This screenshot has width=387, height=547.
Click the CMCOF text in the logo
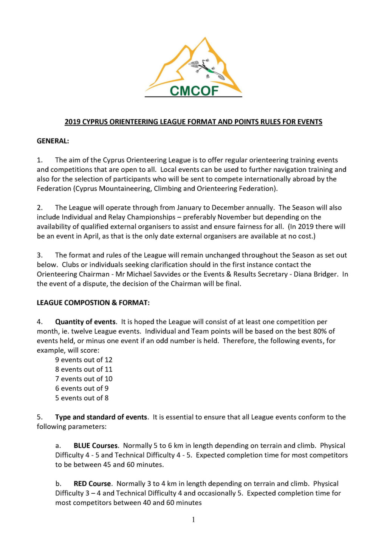(194, 91)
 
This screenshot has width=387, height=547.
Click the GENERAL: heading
(53, 141)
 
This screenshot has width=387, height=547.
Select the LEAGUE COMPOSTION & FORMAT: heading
(93, 303)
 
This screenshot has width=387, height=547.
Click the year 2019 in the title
(73, 122)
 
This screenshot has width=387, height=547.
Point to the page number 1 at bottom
(193, 520)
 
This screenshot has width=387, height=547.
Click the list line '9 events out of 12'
(84, 360)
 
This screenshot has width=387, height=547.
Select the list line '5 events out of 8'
(82, 398)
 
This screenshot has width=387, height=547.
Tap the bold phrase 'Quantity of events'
(85, 322)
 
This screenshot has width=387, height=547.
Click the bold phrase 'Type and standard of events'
(101, 417)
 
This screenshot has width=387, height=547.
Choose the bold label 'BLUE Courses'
(96, 446)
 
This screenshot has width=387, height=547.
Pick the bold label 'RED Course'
(92, 484)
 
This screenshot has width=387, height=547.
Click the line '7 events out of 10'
(84, 379)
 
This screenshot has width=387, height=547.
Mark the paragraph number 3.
(39, 256)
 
